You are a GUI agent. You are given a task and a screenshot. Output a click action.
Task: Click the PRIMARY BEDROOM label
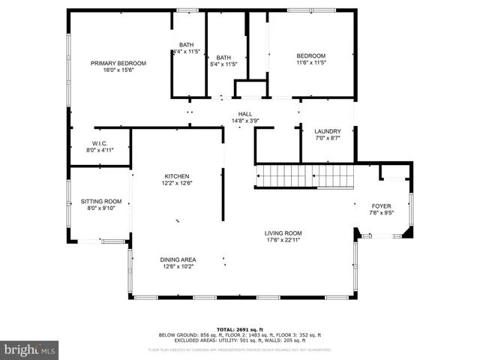coord(118,63)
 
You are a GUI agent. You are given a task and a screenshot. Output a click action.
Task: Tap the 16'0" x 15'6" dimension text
coord(118,70)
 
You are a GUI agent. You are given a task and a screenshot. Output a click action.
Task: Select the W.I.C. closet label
coord(100,143)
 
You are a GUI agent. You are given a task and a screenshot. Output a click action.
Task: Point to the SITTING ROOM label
coord(101,201)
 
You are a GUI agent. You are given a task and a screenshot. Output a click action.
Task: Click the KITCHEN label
coord(177,176)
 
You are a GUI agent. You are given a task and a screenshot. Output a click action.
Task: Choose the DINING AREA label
coord(178,259)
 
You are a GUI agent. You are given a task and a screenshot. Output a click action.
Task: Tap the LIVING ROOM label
coord(283,233)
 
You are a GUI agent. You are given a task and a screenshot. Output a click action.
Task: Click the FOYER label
coord(382,205)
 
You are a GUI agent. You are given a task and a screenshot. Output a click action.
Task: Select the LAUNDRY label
coord(328,131)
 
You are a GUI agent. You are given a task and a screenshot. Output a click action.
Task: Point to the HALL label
coord(245,114)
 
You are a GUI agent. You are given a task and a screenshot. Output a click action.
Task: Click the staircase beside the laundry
coord(304,177)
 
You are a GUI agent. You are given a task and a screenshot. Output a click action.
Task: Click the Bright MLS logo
coord(30,349)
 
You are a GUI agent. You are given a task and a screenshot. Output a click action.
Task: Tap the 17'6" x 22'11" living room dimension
coord(283,240)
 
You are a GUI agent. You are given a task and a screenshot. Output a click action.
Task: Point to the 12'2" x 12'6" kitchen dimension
coord(177,183)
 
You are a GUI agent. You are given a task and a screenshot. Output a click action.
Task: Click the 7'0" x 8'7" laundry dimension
coord(328,138)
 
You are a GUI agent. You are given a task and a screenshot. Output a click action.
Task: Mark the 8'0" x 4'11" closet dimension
coord(100,150)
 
